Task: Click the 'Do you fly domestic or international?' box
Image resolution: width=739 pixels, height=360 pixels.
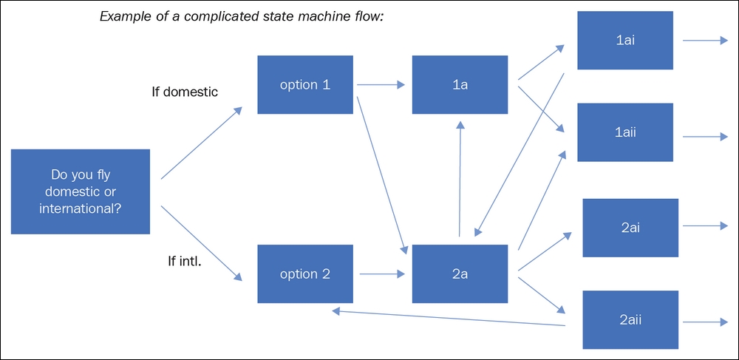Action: coord(81,191)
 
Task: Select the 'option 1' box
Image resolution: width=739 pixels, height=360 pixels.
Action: coord(304,84)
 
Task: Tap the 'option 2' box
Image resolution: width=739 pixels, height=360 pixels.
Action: coord(304,274)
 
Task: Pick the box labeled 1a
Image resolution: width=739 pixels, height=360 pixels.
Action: coord(460,84)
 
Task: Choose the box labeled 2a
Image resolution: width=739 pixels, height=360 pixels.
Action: coord(460,274)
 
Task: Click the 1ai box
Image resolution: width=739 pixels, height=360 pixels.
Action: coord(625,41)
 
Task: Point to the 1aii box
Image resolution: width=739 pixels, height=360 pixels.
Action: coord(625,132)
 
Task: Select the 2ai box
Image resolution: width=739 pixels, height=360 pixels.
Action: coord(630,227)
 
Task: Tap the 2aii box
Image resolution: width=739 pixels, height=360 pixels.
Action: coord(630,320)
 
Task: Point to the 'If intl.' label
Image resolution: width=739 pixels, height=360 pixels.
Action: coord(185,260)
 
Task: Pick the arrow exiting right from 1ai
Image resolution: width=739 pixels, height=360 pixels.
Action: coord(705,41)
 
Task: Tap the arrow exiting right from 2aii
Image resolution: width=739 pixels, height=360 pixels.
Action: coord(705,322)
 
